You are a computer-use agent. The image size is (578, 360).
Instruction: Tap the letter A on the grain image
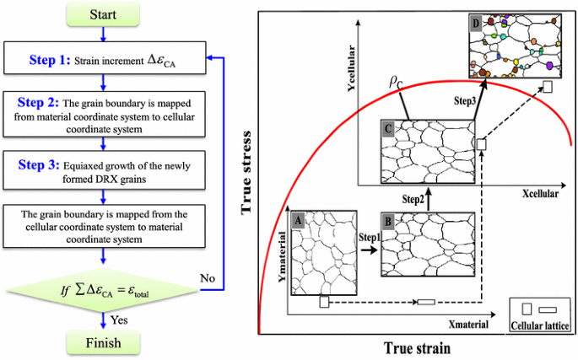tap(296, 218)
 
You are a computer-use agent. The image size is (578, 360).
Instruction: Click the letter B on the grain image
tap(389, 219)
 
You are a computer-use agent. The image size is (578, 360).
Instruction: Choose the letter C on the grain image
tap(388, 129)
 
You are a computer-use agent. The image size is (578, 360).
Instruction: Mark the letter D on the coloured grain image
tap(477, 24)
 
